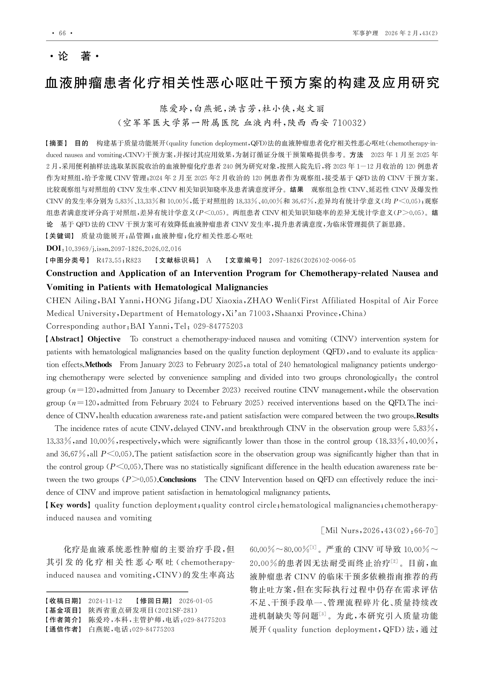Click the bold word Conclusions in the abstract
pos(178,480)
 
